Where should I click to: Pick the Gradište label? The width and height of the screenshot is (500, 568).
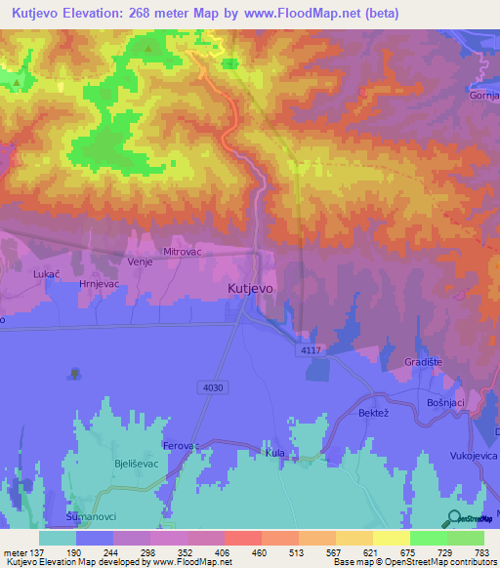[x=422, y=362]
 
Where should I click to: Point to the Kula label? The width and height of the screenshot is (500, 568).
[x=274, y=454]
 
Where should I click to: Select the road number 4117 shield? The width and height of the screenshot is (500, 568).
[x=312, y=350]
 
